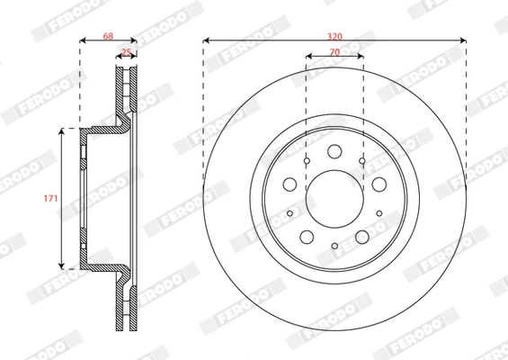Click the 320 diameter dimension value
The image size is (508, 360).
(x=334, y=35)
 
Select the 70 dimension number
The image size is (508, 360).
(x=334, y=52)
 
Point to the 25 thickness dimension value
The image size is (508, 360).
(x=127, y=53)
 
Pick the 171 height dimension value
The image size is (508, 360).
(x=51, y=198)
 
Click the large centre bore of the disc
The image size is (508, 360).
(x=334, y=198)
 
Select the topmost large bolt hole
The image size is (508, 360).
(x=334, y=151)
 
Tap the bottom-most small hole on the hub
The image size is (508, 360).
(x=334, y=247)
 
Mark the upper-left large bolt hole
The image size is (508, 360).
(x=290, y=184)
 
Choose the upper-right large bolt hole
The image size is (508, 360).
(x=379, y=184)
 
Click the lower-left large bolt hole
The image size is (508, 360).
(x=307, y=236)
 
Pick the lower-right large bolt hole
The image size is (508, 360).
(x=362, y=236)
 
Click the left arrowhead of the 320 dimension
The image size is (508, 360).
(x=207, y=40)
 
